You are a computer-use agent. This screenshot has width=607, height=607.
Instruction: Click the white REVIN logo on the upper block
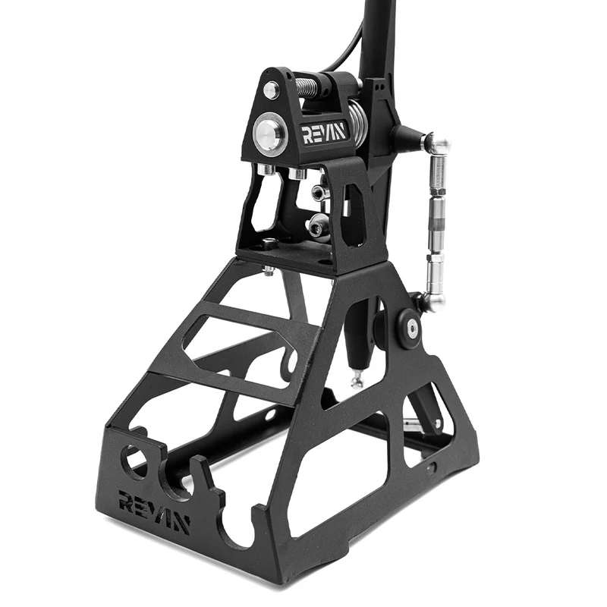(x=324, y=133)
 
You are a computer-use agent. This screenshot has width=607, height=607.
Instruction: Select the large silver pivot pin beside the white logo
(x=270, y=133)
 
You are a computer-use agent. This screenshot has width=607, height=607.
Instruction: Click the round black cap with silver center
(x=411, y=329)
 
